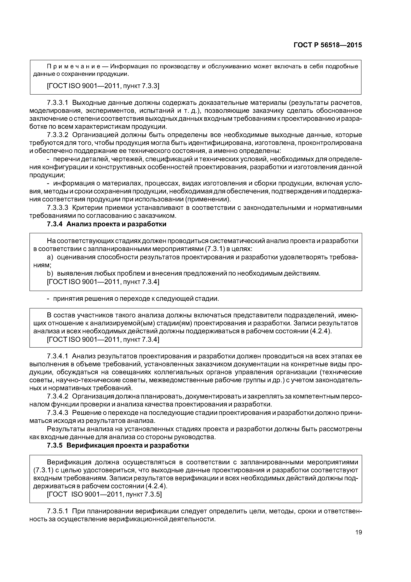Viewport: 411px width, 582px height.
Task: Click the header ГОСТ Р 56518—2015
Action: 327,45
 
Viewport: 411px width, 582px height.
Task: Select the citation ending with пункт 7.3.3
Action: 103,86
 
